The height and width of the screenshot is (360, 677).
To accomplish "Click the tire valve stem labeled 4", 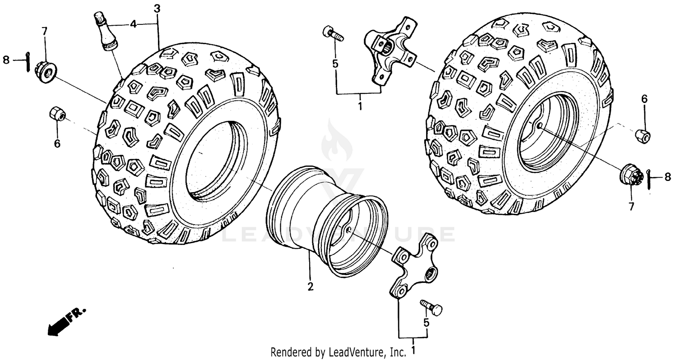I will pyautogui.click(x=105, y=32).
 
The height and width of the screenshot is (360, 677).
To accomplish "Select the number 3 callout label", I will pyautogui.click(x=156, y=8).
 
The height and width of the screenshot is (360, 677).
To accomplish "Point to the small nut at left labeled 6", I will pyautogui.click(x=57, y=115).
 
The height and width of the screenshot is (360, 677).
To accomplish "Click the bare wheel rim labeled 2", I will pyautogui.click(x=327, y=221).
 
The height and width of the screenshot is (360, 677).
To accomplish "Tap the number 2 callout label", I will pyautogui.click(x=310, y=286).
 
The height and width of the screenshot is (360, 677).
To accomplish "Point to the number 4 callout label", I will pyautogui.click(x=133, y=24).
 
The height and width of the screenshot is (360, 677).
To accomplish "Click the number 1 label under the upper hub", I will pyautogui.click(x=360, y=106).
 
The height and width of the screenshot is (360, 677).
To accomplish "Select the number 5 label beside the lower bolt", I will pyautogui.click(x=426, y=323).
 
